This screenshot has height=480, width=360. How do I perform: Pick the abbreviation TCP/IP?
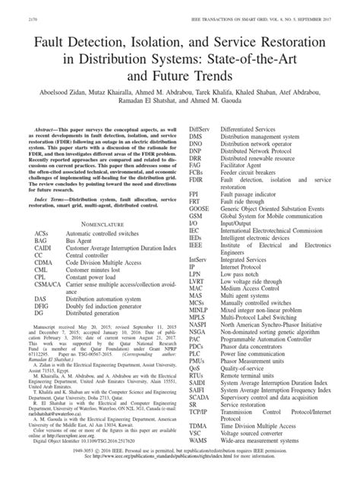pyautogui.click(x=201, y=430)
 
